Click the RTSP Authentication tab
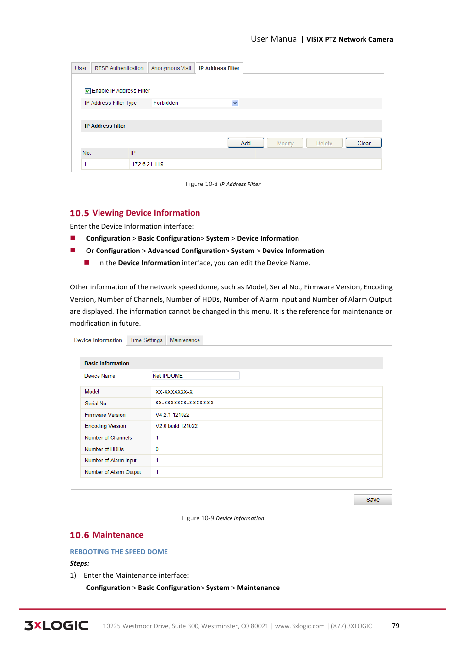pos(119,68)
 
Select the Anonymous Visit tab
pos(171,68)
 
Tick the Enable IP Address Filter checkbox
pos(88,91)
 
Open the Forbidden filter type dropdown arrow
pos(235,103)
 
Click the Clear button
pos(364,143)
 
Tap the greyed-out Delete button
pos(324,143)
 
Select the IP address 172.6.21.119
pos(148,164)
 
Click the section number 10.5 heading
pos(80,213)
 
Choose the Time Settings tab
pos(146,340)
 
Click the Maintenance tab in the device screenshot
pos(184,340)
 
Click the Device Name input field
pos(196,376)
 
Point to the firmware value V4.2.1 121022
pos(172,415)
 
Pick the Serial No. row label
pos(96,404)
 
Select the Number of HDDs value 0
pos(157,449)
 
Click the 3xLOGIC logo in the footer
pos(56,625)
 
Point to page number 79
pos(396,626)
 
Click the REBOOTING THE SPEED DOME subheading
pos(119,552)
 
